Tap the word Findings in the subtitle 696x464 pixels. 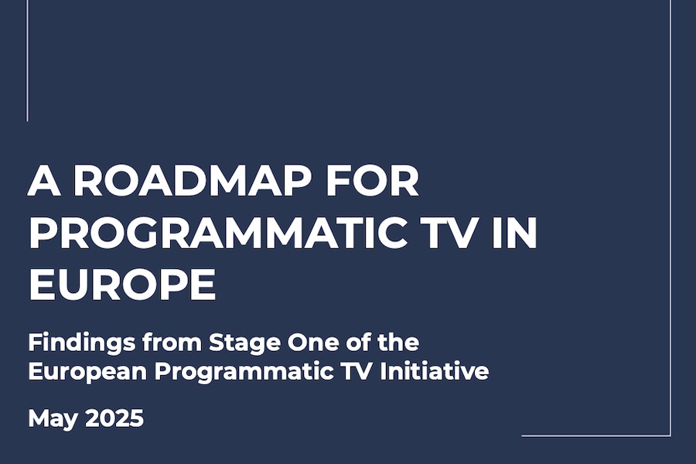tap(82, 343)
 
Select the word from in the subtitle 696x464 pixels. tap(172, 343)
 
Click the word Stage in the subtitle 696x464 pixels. tap(245, 343)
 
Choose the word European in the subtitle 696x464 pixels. tap(87, 372)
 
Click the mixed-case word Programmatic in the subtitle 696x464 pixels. tap(244, 372)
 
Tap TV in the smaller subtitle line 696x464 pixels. tap(357, 371)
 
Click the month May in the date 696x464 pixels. tap(53, 419)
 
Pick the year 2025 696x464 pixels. tap(114, 418)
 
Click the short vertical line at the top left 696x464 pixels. tap(28, 60)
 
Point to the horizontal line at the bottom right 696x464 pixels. tap(596, 435)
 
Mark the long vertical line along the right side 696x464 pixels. tap(670, 217)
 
